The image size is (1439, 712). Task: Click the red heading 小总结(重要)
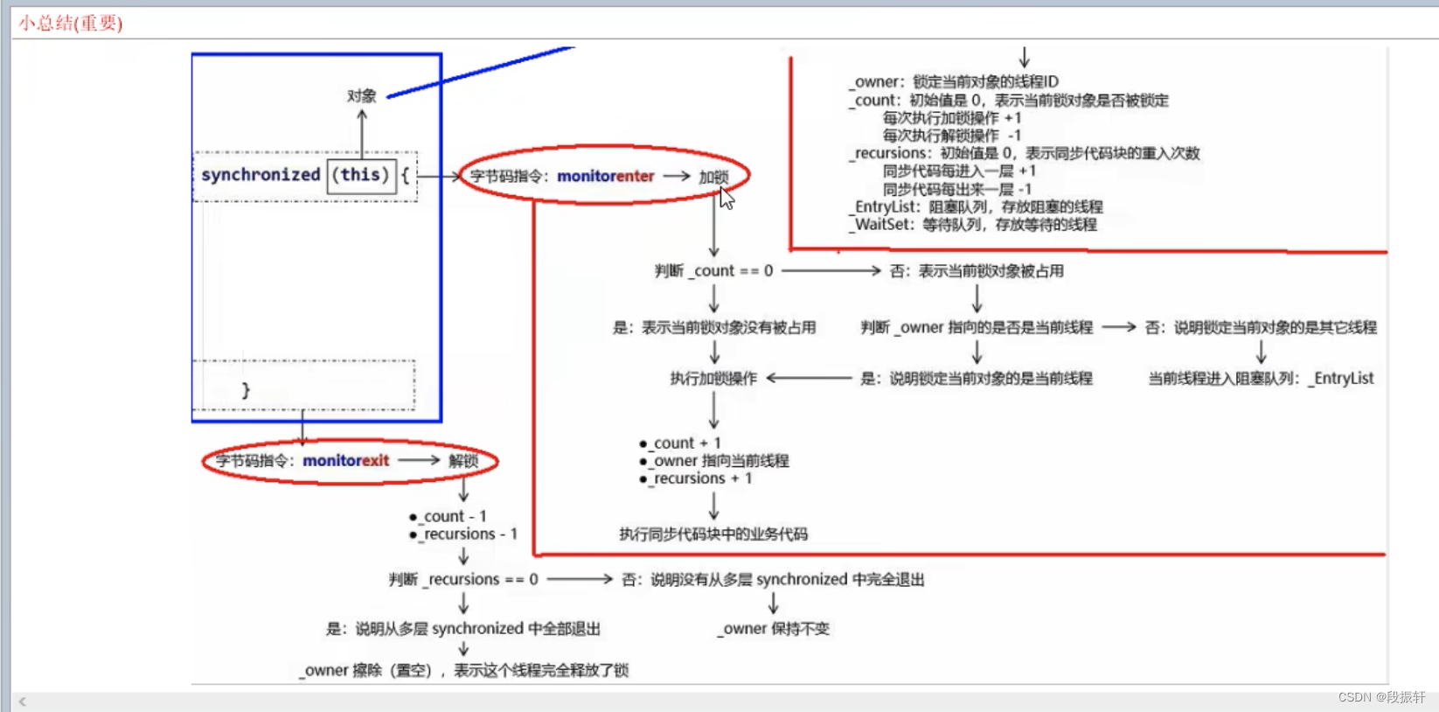[x=71, y=24]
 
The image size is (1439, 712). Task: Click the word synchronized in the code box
[x=261, y=175]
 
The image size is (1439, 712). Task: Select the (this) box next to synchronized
[x=360, y=175]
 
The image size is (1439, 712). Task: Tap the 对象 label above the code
[x=361, y=95]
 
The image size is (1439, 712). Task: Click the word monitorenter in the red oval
[x=605, y=176]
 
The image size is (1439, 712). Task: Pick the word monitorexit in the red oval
[x=345, y=461]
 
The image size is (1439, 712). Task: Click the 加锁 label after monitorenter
[x=713, y=177]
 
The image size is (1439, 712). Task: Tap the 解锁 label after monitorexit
[x=463, y=461]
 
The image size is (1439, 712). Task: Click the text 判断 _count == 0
[x=713, y=271]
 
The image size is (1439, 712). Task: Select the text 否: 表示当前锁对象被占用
[x=977, y=271]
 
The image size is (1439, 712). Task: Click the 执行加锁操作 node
[x=713, y=379]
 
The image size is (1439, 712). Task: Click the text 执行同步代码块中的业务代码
[x=713, y=534]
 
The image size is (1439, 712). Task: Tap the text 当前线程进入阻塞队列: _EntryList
[x=1261, y=379]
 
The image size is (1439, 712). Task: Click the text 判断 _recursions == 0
[x=463, y=579]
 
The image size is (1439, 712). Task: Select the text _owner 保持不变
[x=774, y=629]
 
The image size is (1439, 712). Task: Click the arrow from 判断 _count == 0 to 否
[x=831, y=271]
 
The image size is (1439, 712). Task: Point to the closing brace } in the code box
[x=246, y=390]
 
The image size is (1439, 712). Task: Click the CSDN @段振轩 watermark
[x=1381, y=697]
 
